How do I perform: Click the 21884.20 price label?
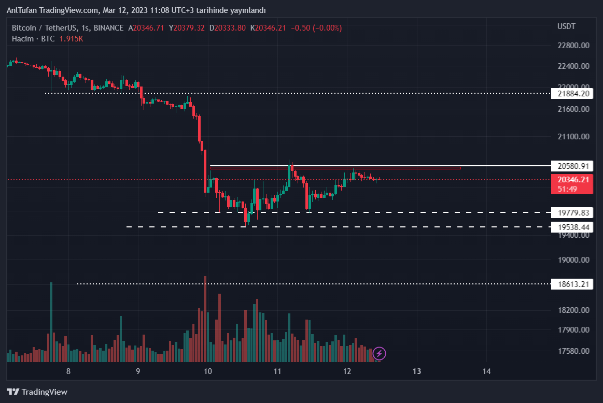[x=573, y=94]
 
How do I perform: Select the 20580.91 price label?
[x=573, y=166]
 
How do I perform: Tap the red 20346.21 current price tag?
[x=573, y=180]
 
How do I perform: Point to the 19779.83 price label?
[x=573, y=213]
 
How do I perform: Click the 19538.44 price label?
[x=573, y=227]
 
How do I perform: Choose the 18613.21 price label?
[x=573, y=284]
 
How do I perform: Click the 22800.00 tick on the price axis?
[x=573, y=46]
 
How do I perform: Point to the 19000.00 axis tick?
[x=573, y=260]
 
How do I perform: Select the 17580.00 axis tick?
[x=573, y=351]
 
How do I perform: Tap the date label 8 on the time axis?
[x=68, y=371]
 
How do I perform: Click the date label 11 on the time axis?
[x=277, y=371]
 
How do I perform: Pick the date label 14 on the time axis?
[x=486, y=371]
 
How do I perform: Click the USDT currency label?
[x=566, y=26]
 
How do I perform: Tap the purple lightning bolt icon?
[x=380, y=354]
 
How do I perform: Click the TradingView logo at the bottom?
[x=37, y=392]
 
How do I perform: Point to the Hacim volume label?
[x=23, y=39]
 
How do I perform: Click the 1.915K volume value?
[x=72, y=39]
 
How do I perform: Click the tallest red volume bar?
[x=205, y=319]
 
